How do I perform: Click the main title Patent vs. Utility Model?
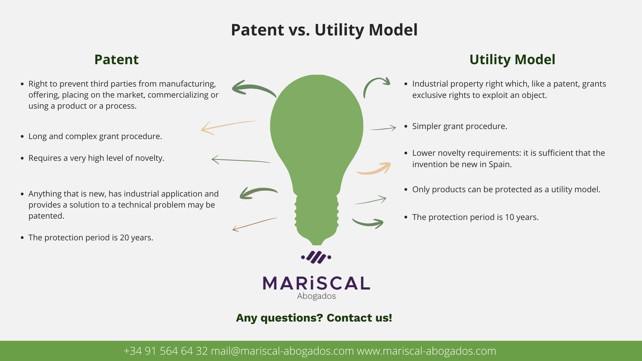324,30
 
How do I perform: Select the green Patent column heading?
116,59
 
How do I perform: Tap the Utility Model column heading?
512,59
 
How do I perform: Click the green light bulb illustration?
316,134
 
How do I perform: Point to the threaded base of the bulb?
316,214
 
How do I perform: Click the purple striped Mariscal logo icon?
316,257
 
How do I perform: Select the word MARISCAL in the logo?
316,283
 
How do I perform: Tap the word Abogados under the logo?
316,296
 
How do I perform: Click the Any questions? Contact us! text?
314,318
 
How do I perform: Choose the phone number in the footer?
166,351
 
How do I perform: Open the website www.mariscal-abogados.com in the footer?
426,351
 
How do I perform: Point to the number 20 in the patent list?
124,238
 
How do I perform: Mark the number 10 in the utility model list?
509,217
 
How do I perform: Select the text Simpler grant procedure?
459,126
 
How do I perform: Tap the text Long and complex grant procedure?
95,136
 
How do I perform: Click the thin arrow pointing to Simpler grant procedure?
384,128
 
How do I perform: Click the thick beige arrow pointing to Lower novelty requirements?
374,169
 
